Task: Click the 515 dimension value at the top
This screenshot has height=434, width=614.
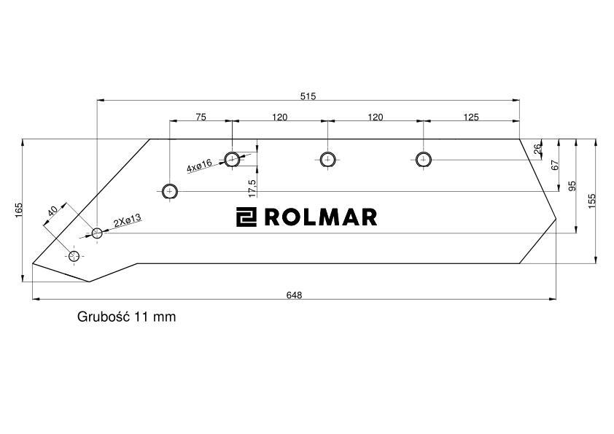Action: (x=308, y=96)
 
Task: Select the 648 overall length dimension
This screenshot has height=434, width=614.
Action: (x=294, y=295)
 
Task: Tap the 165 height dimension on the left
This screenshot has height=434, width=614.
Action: (x=19, y=209)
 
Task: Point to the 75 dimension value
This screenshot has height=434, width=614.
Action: (x=201, y=117)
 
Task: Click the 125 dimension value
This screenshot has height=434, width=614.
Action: (x=471, y=117)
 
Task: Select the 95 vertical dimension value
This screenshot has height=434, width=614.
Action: (x=572, y=185)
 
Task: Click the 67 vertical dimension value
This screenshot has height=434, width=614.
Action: (x=554, y=165)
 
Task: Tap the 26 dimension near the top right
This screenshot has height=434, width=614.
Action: (x=538, y=149)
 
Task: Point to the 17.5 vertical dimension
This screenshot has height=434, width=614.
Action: (x=252, y=187)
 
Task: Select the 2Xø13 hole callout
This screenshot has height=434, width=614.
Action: (x=127, y=222)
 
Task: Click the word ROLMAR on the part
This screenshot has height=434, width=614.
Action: (x=320, y=217)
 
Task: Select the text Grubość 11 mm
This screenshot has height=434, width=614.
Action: (x=126, y=317)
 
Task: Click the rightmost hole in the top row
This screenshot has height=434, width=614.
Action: (x=422, y=159)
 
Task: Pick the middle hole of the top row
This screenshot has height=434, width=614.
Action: (x=327, y=159)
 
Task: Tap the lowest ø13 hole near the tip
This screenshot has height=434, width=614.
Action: (x=74, y=256)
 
